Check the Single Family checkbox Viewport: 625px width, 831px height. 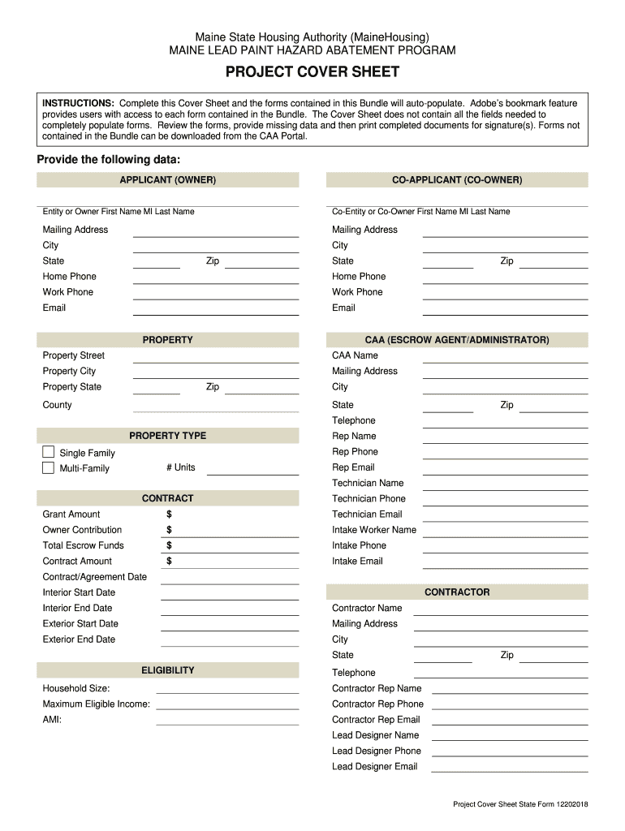point(48,452)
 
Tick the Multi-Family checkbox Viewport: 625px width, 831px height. point(48,467)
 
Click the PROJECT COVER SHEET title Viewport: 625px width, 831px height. point(312,72)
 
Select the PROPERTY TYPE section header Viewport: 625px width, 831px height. point(167,436)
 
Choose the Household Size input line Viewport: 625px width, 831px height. point(226,690)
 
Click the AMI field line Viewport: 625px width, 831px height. point(226,721)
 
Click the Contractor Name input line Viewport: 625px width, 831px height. point(500,609)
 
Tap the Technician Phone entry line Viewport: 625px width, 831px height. point(505,501)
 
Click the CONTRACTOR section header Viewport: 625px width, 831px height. point(457,592)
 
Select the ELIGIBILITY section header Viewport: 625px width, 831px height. point(167,670)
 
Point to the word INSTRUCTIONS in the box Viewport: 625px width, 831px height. point(78,104)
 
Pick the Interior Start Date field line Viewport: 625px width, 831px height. point(230,595)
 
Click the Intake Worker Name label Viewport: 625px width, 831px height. point(373,530)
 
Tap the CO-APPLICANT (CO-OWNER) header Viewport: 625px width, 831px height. point(457,179)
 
